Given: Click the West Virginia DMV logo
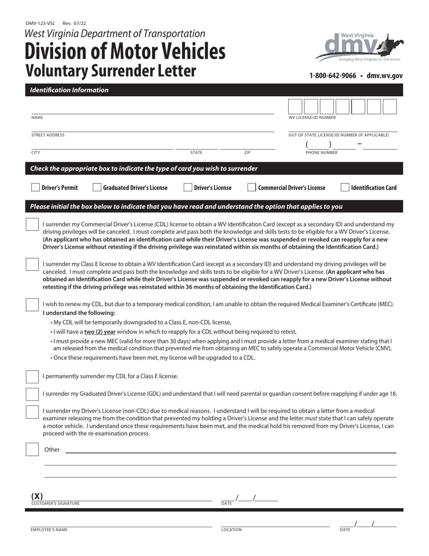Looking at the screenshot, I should coord(359,47).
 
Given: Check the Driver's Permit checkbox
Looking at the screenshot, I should coord(35,188).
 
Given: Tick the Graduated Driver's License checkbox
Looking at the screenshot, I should coord(97,188).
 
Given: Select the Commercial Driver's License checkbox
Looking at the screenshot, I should coord(252,188).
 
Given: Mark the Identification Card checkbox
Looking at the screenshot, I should coord(345,188).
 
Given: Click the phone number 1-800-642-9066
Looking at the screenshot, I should coord(333,76).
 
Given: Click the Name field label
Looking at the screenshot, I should coord(37,118).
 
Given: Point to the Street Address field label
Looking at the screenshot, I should coord(48,135).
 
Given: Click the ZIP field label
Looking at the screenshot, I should coord(247,153).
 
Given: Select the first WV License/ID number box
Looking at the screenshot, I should coord(295,107).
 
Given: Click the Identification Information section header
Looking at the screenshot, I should coord(69,90).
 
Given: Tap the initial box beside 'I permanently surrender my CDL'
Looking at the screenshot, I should coord(32,377).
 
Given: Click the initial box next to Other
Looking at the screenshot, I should coord(32,450).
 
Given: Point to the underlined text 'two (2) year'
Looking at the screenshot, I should coord(100,332).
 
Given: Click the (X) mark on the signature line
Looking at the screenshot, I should coord(37,496).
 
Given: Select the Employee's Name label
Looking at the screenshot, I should coord(49,530).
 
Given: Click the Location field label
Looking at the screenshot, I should coord(231,530).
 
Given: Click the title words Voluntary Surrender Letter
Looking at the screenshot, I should coord(111,71).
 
